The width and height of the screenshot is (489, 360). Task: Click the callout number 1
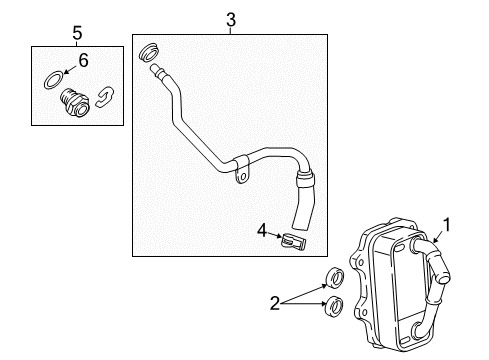click(x=447, y=227)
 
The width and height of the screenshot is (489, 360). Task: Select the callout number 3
click(x=230, y=20)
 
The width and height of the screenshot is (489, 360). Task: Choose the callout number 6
click(x=83, y=61)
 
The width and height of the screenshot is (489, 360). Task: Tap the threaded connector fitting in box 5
click(x=73, y=101)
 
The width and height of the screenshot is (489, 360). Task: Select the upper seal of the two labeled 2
click(x=338, y=279)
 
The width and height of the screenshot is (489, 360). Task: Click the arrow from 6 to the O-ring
click(x=68, y=70)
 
